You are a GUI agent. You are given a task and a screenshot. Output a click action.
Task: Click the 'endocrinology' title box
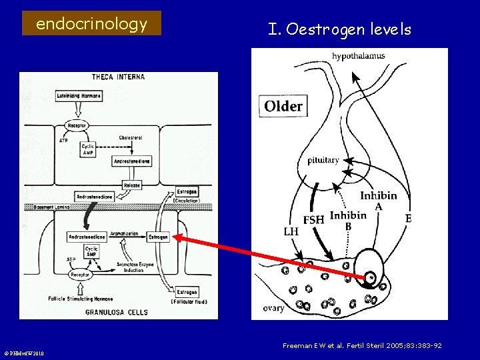point(91,24)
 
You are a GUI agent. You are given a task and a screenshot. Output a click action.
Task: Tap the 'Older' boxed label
point(283,106)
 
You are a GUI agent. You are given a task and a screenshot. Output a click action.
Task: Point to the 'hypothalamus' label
point(358,56)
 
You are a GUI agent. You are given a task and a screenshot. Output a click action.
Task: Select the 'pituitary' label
point(323,160)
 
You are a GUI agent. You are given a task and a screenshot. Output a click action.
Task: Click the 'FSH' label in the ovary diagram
point(314,219)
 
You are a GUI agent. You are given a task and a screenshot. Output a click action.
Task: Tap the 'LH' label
point(291,231)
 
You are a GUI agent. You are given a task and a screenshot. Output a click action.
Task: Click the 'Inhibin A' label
point(379,201)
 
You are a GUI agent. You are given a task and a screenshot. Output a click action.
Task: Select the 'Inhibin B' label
point(348,219)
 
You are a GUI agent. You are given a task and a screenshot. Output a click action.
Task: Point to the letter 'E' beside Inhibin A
point(408,218)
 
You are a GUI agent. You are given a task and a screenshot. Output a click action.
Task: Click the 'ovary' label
point(273,307)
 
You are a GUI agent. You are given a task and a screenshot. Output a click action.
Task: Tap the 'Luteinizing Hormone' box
point(79,96)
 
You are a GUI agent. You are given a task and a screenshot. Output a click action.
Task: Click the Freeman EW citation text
point(362,346)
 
